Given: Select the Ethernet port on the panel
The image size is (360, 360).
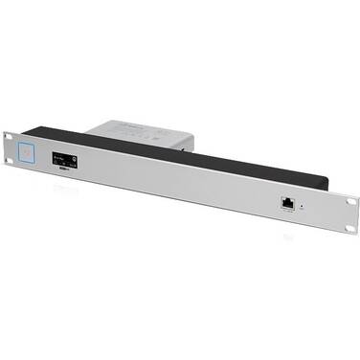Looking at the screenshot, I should pos(287,202).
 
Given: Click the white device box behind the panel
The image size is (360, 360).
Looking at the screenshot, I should pos(144,132).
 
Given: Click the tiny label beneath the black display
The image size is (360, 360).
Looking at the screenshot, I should pos(65,172).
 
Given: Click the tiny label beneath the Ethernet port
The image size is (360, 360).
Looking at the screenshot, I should pos(287,212).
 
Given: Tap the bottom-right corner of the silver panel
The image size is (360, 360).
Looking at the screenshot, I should pos(356,236).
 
